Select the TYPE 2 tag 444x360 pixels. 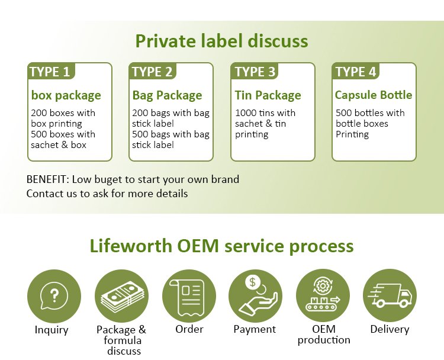152,72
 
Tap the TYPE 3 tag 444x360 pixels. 255,72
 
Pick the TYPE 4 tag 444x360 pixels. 356,72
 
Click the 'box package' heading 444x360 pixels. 66,95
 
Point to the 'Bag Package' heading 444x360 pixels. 167,95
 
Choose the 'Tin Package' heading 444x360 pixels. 268,95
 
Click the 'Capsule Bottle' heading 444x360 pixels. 374,95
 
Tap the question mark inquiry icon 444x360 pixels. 54,295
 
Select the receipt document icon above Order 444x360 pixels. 189,295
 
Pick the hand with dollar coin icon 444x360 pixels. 255,295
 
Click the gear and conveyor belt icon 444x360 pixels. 323,295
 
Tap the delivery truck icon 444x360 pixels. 390,295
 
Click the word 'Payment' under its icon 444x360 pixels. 255,329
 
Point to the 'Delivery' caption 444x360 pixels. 390,329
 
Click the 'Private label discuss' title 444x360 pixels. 221,41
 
